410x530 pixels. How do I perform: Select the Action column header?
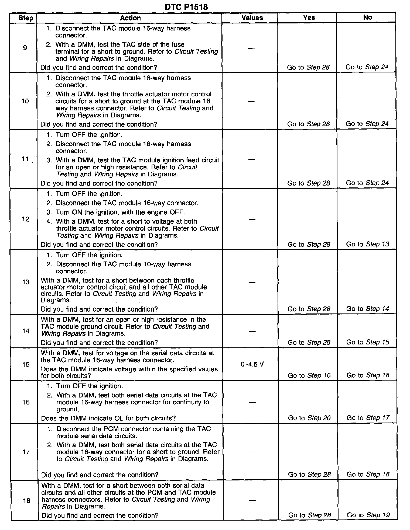pos(130,18)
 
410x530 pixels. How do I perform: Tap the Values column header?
pos(252,18)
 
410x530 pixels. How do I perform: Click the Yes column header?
pos(309,18)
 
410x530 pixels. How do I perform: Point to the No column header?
pos(368,17)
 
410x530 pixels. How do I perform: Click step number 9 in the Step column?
pos(25,48)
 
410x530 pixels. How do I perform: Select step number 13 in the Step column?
pos(26,282)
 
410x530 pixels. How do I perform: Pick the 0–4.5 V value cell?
pos(252,364)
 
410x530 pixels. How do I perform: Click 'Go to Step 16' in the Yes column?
pos(309,375)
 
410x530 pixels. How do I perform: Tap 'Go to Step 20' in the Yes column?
pos(309,418)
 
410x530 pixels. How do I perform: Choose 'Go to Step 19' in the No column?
pos(368,515)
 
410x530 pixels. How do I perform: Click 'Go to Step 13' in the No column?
pos(368,244)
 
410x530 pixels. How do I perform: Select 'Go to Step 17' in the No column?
pos(368,418)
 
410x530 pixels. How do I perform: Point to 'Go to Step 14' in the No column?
pos(368,309)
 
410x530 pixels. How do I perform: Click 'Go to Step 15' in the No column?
pos(368,342)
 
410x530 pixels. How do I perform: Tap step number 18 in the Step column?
pos(26,500)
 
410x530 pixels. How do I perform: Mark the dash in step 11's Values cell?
pos(252,159)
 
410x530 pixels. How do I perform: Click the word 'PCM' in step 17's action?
pos(113,429)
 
